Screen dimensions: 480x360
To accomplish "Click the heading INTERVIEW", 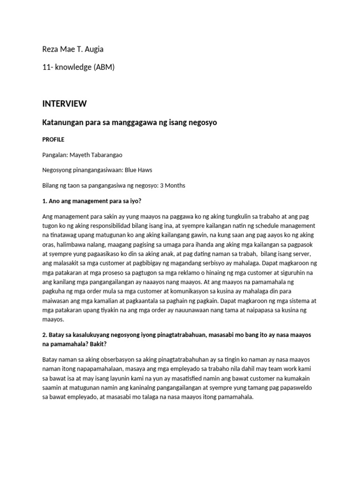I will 64,104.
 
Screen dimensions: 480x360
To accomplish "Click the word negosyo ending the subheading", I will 200,122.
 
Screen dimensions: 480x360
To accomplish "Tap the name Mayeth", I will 82,155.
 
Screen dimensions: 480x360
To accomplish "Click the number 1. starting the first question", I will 45,201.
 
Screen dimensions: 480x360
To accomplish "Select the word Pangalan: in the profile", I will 56,155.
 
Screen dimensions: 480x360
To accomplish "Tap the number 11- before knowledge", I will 48,67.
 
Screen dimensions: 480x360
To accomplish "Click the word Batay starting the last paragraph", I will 50,359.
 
